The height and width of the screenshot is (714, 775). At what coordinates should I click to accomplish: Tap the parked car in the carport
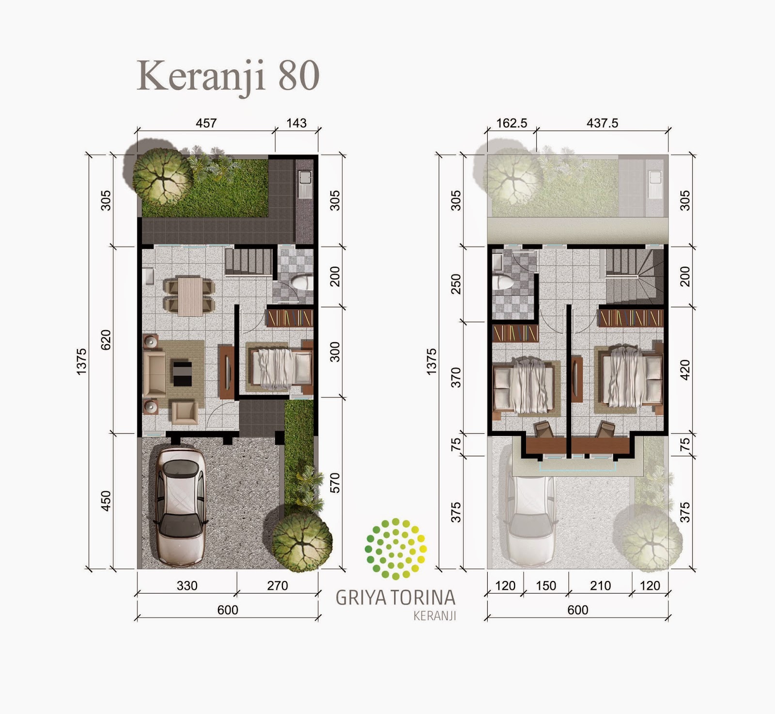click(179, 506)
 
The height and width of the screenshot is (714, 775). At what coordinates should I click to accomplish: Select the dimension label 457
click(206, 123)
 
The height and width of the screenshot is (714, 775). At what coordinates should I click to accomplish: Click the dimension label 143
click(296, 123)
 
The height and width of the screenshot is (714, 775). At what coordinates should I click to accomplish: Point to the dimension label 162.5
click(511, 123)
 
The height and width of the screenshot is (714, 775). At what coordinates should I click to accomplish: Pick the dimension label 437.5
click(603, 123)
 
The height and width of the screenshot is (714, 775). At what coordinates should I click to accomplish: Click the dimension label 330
click(187, 586)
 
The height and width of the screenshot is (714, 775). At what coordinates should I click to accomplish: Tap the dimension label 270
click(278, 586)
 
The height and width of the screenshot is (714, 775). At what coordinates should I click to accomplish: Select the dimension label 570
click(335, 483)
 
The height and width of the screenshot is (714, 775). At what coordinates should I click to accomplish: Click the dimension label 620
click(106, 339)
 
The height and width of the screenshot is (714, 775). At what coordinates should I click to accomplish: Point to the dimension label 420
click(685, 370)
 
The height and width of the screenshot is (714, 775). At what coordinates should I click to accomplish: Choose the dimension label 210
click(601, 586)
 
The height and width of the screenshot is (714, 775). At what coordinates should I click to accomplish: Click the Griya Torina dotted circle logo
click(396, 548)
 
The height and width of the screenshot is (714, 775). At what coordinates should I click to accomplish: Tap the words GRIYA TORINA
click(396, 598)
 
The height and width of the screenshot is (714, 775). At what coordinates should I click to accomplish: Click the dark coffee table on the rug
click(182, 373)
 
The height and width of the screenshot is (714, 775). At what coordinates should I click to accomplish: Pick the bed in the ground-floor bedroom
click(279, 366)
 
